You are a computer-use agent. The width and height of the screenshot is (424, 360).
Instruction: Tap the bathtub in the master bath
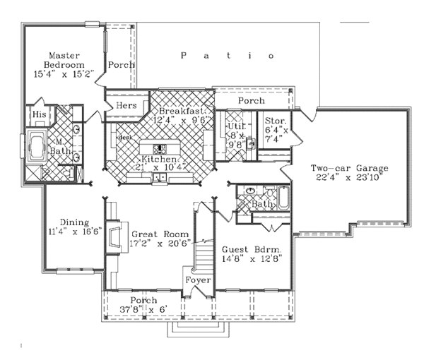(35, 148)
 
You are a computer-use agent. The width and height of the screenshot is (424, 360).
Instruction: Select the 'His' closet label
(39, 114)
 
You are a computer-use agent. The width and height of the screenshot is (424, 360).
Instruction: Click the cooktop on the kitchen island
(160, 149)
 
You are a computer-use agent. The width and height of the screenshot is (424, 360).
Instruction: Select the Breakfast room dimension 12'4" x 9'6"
(186, 121)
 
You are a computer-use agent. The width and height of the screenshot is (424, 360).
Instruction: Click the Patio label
(228, 55)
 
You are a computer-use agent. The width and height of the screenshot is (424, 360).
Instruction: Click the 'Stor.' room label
(273, 121)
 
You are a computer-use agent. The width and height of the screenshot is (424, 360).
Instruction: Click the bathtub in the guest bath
(283, 197)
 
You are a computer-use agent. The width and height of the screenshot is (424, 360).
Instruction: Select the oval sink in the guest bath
(250, 192)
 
